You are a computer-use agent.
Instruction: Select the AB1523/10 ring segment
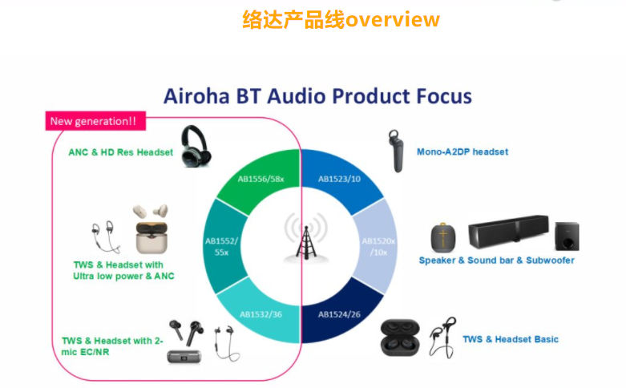pyautogui.click(x=339, y=179)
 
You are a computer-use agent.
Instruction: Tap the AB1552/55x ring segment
pyautogui.click(x=222, y=246)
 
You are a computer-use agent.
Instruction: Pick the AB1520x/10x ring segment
pyautogui.click(x=378, y=246)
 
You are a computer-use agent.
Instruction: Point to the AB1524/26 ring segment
pyautogui.click(x=339, y=314)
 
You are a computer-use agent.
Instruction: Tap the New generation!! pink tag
pyautogui.click(x=95, y=121)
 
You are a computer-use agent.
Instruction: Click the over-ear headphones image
pyautogui.click(x=196, y=146)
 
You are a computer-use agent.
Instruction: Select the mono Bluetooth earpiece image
pyautogui.click(x=396, y=151)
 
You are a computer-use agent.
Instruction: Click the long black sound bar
pyautogui.click(x=508, y=232)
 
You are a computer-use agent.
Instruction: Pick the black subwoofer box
pyautogui.click(x=567, y=236)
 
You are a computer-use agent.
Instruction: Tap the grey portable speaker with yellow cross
pyautogui.click(x=443, y=237)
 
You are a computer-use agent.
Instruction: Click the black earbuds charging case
pyautogui.click(x=400, y=337)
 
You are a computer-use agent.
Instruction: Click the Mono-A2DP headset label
pyautogui.click(x=462, y=152)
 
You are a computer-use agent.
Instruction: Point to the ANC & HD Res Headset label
pyautogui.click(x=120, y=152)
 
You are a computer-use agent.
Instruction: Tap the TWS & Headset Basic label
pyautogui.click(x=511, y=339)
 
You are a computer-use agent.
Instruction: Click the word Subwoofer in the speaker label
pyautogui.click(x=550, y=261)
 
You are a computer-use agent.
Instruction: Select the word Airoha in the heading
pyautogui.click(x=196, y=96)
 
